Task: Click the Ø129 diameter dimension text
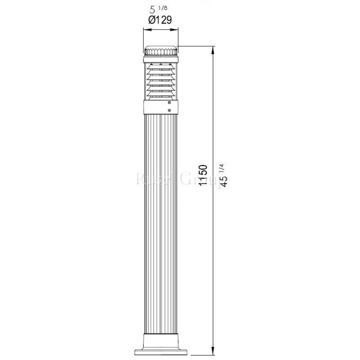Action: [x=160, y=20]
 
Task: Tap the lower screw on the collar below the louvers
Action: [x=169, y=109]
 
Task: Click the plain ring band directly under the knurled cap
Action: [x=160, y=58]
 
